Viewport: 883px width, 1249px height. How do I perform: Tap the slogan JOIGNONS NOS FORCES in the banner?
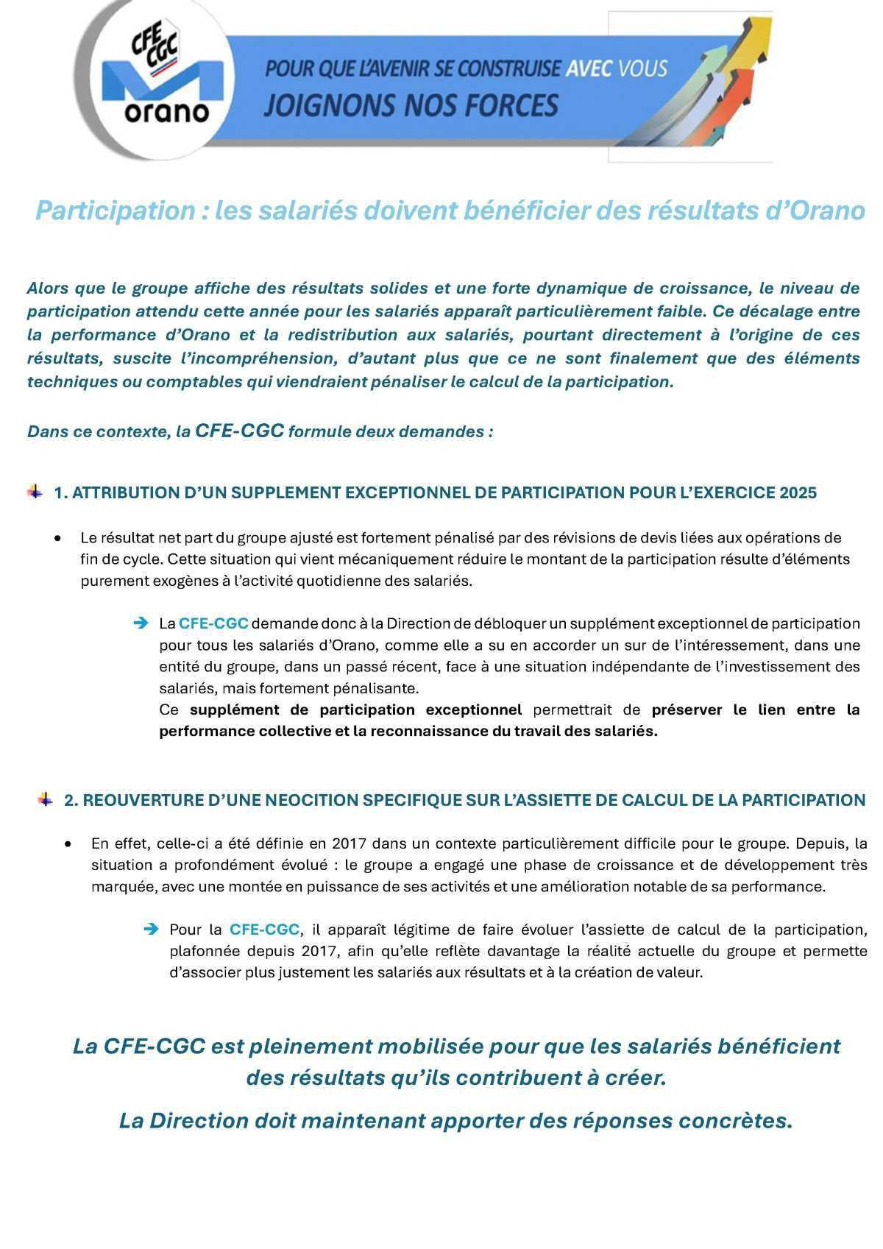pyautogui.click(x=411, y=106)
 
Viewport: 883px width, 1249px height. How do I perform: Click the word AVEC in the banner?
pyautogui.click(x=589, y=69)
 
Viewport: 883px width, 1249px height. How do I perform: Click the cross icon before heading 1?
pyautogui.click(x=35, y=492)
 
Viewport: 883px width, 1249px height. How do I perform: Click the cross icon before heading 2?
pyautogui.click(x=46, y=799)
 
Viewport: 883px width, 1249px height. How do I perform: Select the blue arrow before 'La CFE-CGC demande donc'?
pyautogui.click(x=141, y=623)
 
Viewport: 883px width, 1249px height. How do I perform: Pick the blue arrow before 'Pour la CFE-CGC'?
pyautogui.click(x=151, y=930)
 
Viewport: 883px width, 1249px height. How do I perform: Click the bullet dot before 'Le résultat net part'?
pyautogui.click(x=58, y=539)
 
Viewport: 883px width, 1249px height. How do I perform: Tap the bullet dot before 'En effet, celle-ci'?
pyautogui.click(x=68, y=843)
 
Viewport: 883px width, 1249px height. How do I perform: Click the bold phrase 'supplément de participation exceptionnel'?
pyautogui.click(x=355, y=710)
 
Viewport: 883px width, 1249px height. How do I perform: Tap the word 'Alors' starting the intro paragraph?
pyautogui.click(x=47, y=288)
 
